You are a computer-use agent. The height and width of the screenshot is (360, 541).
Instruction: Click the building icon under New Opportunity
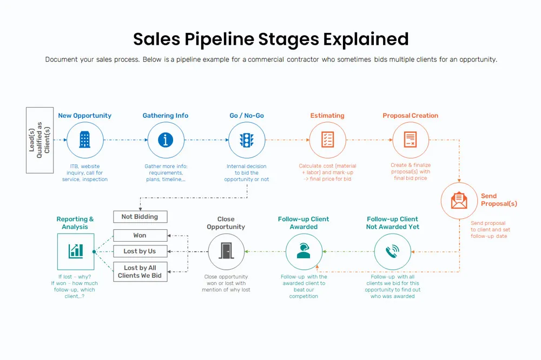(85, 140)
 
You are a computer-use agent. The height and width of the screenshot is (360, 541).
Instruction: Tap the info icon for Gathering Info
(166, 140)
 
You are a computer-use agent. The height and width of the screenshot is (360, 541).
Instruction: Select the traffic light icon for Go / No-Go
(247, 140)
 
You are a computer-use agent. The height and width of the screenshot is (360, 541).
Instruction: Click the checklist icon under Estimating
(327, 140)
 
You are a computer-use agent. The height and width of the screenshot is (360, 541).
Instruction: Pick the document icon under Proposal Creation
(410, 140)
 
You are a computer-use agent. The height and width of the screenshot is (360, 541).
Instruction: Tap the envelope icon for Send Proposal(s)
(459, 201)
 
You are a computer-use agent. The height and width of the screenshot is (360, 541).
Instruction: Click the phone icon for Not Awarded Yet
(393, 251)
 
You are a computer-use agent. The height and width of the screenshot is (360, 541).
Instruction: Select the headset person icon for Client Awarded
(304, 251)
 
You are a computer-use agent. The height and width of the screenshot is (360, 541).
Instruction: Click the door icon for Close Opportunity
(226, 251)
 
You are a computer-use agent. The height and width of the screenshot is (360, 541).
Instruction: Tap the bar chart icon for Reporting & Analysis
(75, 251)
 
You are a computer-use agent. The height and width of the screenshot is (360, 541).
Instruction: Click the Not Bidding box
(140, 217)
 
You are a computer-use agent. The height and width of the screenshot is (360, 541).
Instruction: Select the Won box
(140, 236)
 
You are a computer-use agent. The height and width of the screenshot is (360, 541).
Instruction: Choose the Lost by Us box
(140, 251)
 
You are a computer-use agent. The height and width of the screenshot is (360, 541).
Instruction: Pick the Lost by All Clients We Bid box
(140, 271)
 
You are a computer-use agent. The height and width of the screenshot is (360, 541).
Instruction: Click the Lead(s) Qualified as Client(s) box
(39, 140)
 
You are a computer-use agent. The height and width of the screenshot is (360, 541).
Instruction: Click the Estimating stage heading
(327, 116)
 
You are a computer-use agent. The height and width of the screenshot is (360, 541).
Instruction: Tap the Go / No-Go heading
(247, 116)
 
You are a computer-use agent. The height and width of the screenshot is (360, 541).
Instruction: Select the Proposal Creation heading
(410, 116)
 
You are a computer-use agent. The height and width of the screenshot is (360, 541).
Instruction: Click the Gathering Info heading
(166, 116)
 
